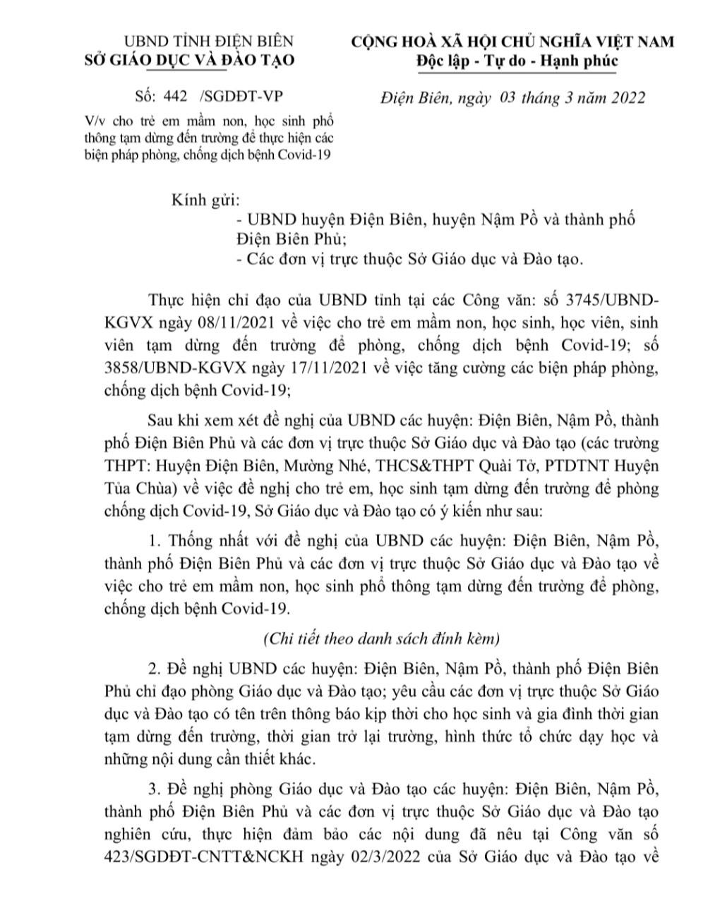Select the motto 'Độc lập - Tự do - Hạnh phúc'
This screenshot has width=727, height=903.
click(517, 61)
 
